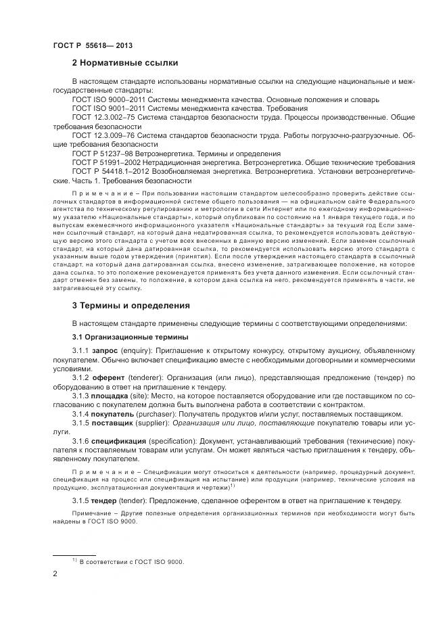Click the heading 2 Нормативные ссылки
pos(124,63)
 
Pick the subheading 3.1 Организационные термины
pos(130,337)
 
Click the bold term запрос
pos(105,352)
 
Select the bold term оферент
pos(108,379)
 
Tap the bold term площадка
pos(111,396)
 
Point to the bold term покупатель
pos(114,414)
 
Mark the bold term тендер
pos(105,500)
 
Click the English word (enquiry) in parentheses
pos(137,352)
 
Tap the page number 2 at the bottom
pos(55,573)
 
